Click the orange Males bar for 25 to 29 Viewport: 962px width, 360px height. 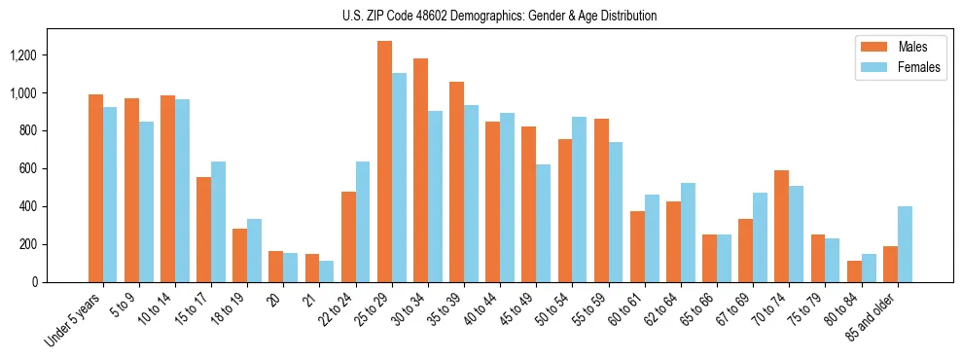(384, 162)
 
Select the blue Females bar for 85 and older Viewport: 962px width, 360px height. (905, 244)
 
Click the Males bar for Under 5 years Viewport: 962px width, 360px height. (95, 188)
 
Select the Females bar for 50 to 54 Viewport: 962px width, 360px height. (579, 199)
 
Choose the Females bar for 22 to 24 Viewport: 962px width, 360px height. (363, 222)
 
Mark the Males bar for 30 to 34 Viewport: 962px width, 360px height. (420, 170)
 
